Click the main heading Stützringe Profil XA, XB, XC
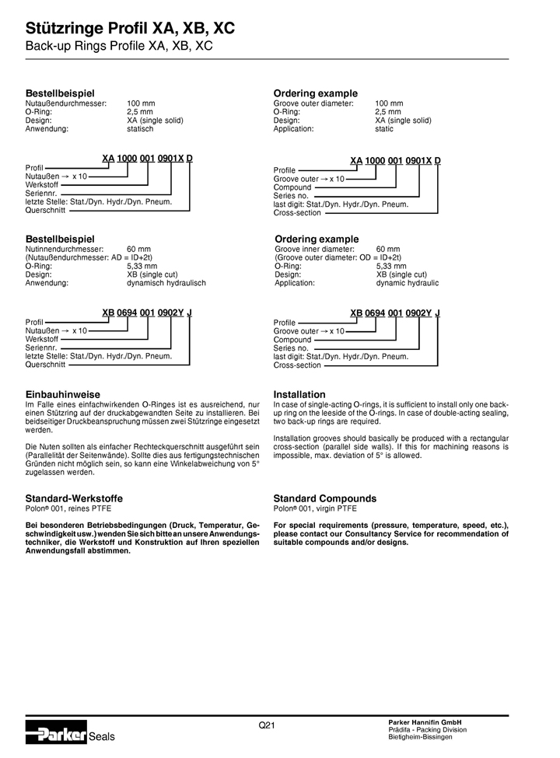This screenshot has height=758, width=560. coord(130,30)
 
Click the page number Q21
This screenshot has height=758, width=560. coord(267,725)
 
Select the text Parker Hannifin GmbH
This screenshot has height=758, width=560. coord(425,722)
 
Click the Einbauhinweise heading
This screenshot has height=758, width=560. coord(63,394)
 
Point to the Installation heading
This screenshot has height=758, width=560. coord(299,394)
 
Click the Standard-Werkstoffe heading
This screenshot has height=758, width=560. coord(74,498)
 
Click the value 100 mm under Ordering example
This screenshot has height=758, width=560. coord(389,103)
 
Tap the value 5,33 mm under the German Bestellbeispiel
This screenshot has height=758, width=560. coord(142,266)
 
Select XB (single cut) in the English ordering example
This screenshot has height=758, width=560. coord(401,274)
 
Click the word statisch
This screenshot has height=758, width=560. coord(140,129)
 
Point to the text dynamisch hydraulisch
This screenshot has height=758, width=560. coord(166,283)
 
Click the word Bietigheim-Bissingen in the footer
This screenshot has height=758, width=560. coord(421,737)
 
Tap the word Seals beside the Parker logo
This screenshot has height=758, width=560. coord(102,735)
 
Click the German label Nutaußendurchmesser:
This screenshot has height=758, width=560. coord(66,103)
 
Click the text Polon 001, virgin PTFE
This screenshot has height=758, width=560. coord(315,508)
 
